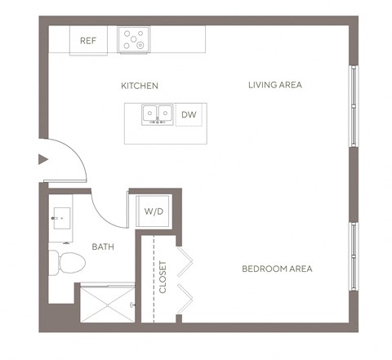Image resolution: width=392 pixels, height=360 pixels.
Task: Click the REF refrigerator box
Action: pos(88,40)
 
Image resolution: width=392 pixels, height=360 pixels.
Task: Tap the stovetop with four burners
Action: pos(133,39)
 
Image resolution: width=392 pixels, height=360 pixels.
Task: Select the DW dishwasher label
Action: pos(189,115)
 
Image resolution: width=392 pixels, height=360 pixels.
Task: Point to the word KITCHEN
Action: pos(140,86)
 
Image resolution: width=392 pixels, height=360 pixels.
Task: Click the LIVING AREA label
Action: pos(275,85)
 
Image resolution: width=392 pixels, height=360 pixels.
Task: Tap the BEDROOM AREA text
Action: pos(277,269)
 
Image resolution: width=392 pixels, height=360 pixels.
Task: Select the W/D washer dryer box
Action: pos(153,211)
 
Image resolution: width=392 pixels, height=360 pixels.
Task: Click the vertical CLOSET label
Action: pos(163,278)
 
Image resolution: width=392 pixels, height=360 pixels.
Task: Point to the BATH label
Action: pos(103,247)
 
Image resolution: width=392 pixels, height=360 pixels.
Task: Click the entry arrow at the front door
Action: pos(43,160)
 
